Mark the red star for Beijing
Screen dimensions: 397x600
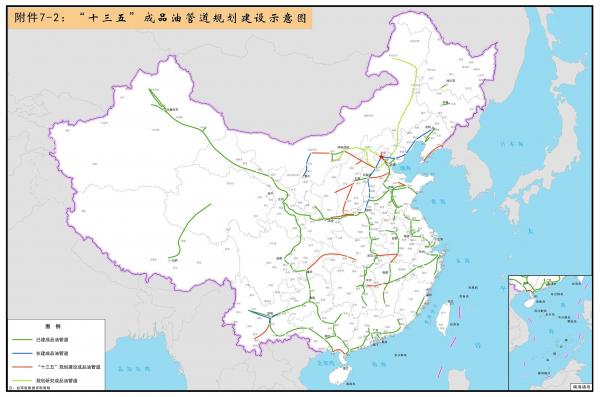pyautogui.click(x=383, y=155)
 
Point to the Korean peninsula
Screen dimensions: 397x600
pyautogui.click(x=456, y=175)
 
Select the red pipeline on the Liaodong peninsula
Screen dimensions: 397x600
pyautogui.click(x=431, y=155)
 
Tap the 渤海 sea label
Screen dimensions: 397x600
pyautogui.click(x=405, y=170)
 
